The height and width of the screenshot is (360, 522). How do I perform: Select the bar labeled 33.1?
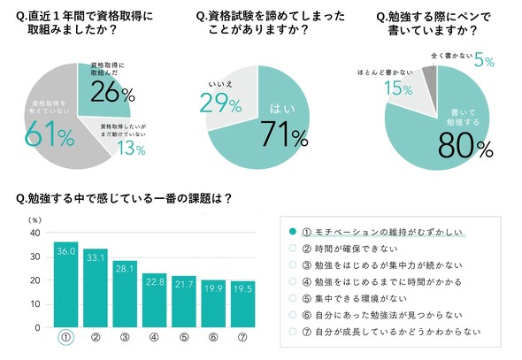[96, 288]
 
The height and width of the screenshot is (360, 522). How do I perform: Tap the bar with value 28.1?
[126, 295]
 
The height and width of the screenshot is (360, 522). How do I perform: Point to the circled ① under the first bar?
[65, 338]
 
